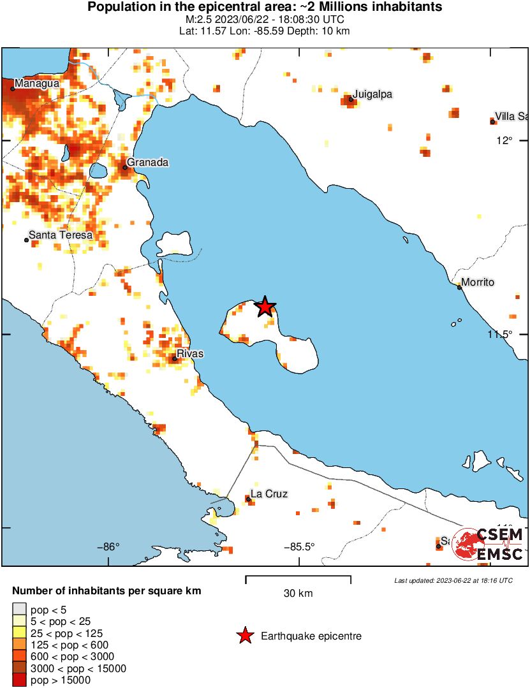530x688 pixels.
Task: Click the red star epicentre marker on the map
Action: pos(265,307)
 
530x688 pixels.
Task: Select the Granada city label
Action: pos(147,163)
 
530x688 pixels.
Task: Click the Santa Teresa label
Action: pos(61,235)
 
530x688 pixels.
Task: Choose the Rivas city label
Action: pos(189,353)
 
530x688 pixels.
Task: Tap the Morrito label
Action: pos(478,282)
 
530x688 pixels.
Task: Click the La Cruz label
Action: pos(269,494)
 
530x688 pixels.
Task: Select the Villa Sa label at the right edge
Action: pos(512,116)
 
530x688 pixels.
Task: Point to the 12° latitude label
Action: pos(505,140)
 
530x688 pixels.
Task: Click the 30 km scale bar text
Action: pos(298,594)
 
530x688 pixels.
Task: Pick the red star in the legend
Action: pos(244,636)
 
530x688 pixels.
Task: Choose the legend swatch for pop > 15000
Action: pos(20,680)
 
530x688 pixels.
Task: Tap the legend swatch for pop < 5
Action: pos(20,611)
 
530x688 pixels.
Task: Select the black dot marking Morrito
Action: pos(459,287)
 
